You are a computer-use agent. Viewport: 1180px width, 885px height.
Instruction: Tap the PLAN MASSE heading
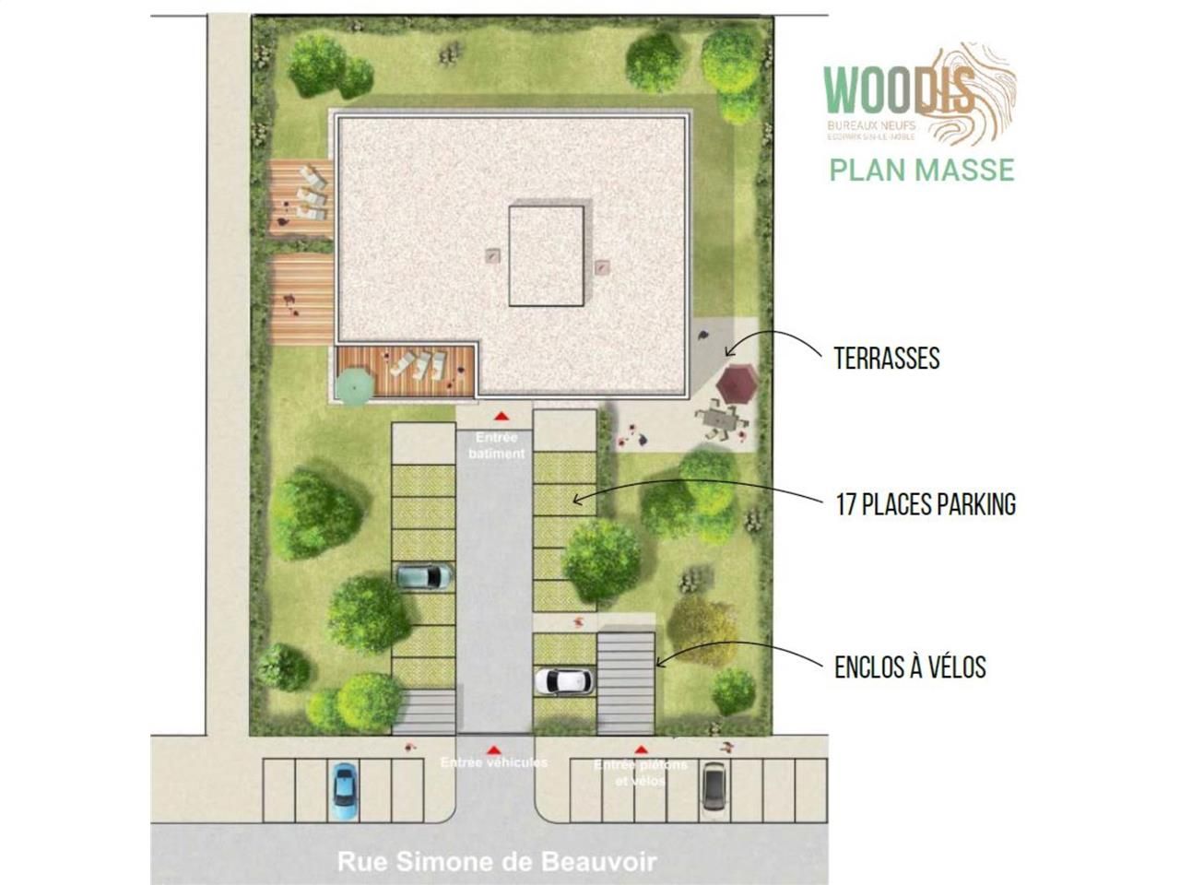pos(921,170)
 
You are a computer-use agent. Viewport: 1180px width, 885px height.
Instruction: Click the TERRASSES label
pos(886,359)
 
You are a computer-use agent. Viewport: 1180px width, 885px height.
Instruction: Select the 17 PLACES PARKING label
pos(925,504)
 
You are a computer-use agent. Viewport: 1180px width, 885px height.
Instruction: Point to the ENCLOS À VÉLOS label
pos(910,667)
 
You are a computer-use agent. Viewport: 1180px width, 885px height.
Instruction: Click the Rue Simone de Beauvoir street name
pos(497,863)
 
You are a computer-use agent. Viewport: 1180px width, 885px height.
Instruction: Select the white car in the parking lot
pos(563,681)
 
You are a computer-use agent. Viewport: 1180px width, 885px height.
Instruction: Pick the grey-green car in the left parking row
pos(424,577)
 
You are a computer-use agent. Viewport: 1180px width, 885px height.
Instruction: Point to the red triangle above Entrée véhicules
pos(494,749)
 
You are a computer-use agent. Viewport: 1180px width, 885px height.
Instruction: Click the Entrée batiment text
pos(496,445)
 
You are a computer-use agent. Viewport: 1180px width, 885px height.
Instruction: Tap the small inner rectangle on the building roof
pos(547,255)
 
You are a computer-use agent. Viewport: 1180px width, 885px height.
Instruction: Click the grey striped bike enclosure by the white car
pos(626,681)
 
